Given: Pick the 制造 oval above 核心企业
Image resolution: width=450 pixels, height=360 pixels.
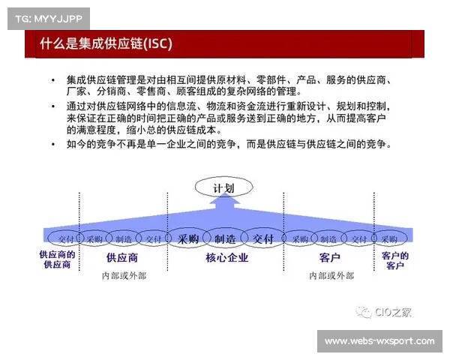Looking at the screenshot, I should point(225,238).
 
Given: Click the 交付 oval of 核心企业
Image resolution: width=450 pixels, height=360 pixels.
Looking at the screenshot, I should point(263,238).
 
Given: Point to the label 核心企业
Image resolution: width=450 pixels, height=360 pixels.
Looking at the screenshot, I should point(226,257).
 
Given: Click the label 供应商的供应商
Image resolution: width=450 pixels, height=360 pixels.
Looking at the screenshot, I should point(57,259).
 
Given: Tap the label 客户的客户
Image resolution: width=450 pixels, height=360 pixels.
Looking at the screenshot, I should point(394,259).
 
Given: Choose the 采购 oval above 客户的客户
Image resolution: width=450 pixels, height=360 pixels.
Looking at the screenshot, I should point(389,238).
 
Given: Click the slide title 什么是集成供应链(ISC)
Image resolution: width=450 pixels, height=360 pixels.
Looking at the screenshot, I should point(106,44).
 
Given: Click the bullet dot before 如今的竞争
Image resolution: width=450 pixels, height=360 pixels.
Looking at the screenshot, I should point(53,142).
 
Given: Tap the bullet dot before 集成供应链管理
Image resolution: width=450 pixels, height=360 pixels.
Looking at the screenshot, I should point(53,79).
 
